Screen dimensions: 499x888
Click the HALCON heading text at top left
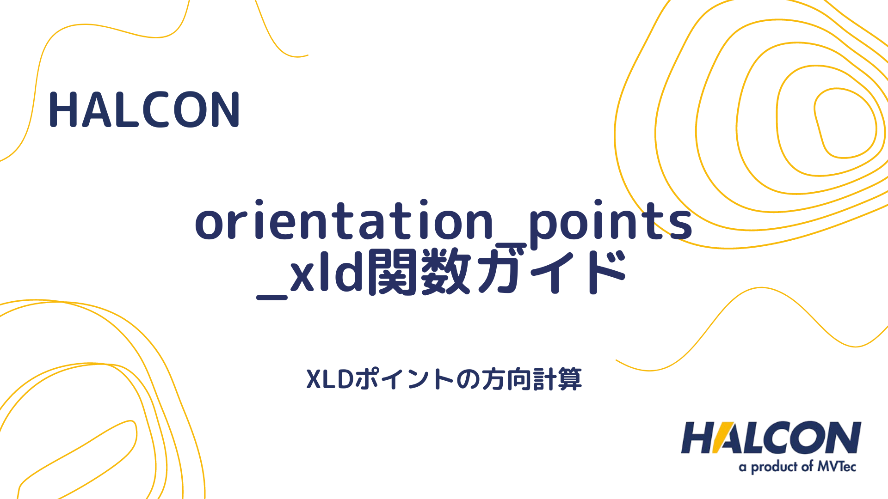(x=144, y=110)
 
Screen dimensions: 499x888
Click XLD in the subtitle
(x=330, y=380)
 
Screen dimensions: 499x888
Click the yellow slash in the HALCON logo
(x=719, y=438)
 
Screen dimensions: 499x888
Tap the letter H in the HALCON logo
(x=698, y=438)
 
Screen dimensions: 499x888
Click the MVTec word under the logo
(x=837, y=467)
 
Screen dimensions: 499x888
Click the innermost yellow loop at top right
(x=845, y=123)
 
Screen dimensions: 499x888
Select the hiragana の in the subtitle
(x=468, y=380)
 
